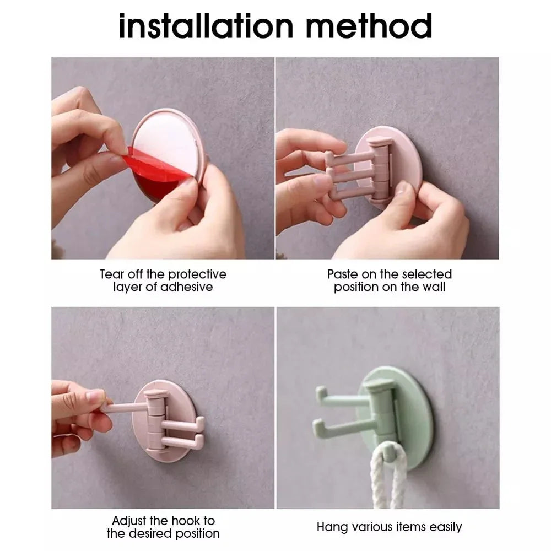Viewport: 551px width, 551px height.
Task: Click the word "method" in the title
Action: pyautogui.click(x=374, y=26)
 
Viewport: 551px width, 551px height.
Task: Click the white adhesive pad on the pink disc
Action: pyautogui.click(x=165, y=132)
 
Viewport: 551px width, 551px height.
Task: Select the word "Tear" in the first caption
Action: pyautogui.click(x=111, y=274)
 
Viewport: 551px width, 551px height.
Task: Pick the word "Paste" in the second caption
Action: pyautogui.click(x=342, y=274)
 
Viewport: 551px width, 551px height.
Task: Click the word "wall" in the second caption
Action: pyautogui.click(x=434, y=287)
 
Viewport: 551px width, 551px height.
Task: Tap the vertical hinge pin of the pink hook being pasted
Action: pyautogui.click(x=380, y=171)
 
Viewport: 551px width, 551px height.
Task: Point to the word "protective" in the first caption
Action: pyautogui.click(x=197, y=274)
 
